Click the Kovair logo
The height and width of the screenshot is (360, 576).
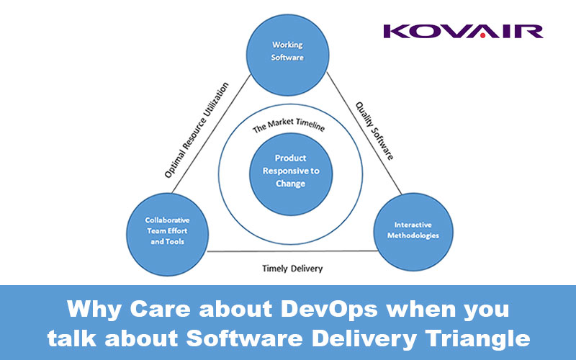click(463, 31)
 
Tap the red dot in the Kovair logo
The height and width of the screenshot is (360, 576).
click(482, 35)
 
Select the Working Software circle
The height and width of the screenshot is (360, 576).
click(287, 55)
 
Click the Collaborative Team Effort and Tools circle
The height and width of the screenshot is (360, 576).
click(168, 235)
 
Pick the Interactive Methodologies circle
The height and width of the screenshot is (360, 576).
click(413, 232)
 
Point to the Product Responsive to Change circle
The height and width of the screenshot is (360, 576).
click(291, 174)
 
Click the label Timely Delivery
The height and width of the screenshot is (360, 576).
click(292, 269)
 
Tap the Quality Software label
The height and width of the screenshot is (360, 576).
click(374, 131)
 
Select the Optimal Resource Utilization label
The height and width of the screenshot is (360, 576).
click(196, 130)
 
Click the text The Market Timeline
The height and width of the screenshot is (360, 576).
click(289, 125)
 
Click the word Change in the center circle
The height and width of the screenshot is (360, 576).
click(291, 184)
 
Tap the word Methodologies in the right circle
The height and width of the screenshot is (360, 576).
click(413, 236)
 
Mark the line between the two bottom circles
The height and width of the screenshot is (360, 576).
click(293, 251)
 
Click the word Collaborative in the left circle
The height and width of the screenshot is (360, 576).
click(168, 220)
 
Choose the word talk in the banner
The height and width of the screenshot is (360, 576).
click(72, 338)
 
